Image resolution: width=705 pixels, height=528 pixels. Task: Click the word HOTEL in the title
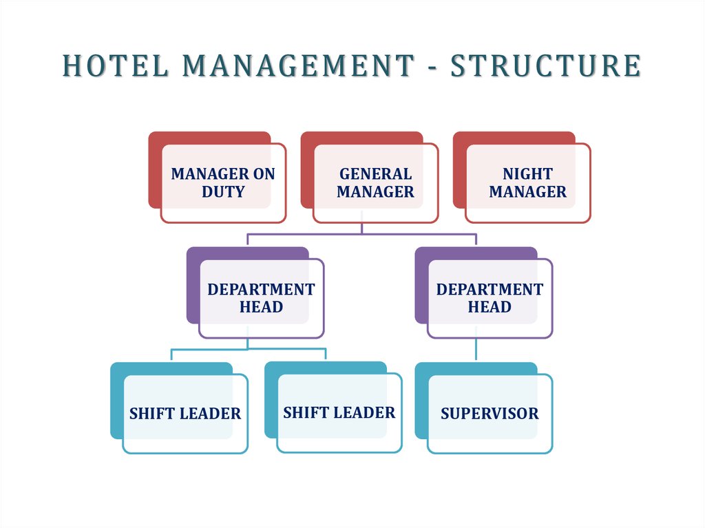[116, 65]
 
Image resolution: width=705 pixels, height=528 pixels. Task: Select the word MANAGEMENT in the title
[298, 65]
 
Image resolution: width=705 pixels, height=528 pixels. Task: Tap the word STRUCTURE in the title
[546, 65]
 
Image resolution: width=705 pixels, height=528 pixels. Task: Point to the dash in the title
[432, 67]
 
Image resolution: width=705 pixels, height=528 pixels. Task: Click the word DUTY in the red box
[223, 192]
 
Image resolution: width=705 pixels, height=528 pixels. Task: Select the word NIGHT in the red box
[528, 174]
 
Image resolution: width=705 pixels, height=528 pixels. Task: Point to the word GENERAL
[375, 174]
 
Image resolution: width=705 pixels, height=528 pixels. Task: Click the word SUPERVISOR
[490, 414]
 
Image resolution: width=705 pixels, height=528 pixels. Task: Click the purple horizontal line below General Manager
[361, 234]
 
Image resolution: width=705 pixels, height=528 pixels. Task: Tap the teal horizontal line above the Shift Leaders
[248, 349]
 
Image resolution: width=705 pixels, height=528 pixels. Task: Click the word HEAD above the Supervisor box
[490, 307]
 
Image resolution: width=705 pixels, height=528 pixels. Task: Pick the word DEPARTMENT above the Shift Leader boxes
[261, 290]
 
